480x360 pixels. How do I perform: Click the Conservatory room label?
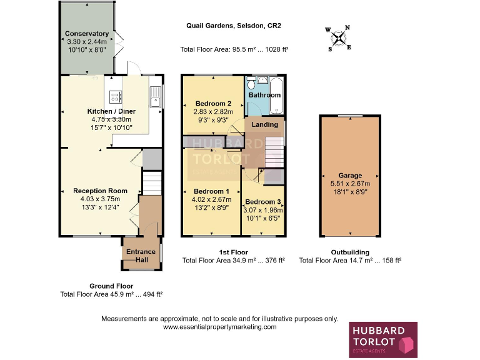[87, 34]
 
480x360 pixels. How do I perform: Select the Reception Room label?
[100, 191]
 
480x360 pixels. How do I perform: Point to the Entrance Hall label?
[141, 256]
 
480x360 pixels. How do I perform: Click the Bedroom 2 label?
[214, 104]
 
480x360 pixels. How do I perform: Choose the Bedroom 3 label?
[262, 202]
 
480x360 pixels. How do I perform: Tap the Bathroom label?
[264, 95]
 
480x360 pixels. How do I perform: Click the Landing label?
[264, 124]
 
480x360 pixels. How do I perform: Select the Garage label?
[350, 176]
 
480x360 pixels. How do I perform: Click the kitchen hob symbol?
[116, 96]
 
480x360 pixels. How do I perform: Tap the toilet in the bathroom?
[251, 84]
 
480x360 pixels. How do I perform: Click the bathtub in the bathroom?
[277, 95]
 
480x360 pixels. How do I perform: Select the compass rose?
[338, 38]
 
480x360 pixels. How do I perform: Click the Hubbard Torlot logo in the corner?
[382, 340]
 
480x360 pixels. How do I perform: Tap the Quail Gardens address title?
[234, 26]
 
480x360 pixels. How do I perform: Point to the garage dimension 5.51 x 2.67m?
[350, 184]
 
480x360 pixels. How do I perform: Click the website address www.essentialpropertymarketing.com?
[219, 327]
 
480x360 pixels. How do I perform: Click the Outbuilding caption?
[350, 252]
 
